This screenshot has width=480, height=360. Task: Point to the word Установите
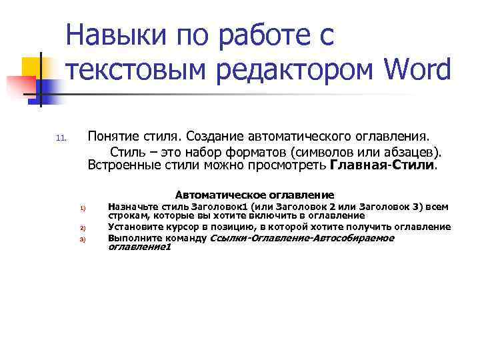click(133, 227)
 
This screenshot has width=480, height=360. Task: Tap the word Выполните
click(131, 238)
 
